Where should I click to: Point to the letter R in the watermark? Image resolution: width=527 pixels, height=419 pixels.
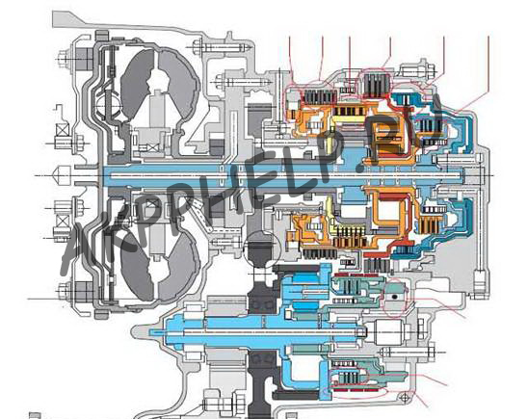(384, 138)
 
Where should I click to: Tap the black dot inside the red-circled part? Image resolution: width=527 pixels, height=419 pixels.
(395, 297)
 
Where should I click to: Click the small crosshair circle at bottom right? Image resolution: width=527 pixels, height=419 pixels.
(404, 398)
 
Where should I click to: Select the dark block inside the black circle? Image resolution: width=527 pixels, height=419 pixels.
(261, 252)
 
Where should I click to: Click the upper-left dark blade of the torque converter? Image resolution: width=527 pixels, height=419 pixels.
(137, 84)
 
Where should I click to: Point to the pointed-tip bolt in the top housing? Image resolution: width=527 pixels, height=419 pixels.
(223, 48)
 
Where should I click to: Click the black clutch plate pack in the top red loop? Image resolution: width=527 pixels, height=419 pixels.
(377, 87)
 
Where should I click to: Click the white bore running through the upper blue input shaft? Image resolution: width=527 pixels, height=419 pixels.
(282, 175)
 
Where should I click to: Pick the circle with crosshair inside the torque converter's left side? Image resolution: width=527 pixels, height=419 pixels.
(107, 106)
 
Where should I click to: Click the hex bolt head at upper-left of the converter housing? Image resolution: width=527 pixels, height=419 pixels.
(64, 57)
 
